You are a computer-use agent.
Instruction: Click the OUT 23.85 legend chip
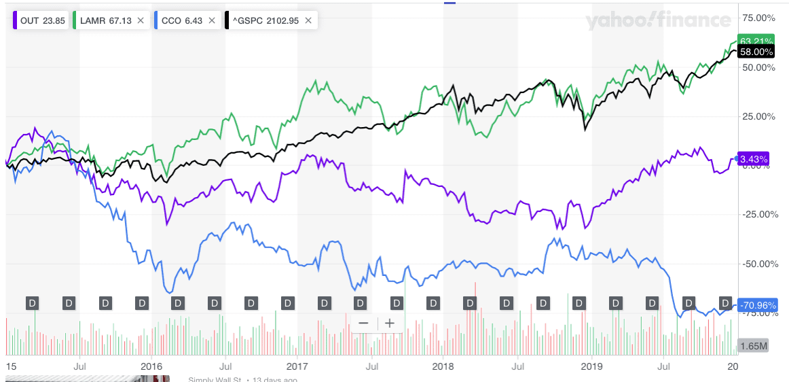point(40,20)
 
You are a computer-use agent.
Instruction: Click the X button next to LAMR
point(141,20)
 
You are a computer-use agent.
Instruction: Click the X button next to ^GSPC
point(308,20)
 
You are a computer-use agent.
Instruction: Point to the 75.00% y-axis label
point(760,18)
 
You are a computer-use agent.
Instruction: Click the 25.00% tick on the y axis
point(760,116)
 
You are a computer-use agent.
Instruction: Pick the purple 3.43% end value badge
point(753,159)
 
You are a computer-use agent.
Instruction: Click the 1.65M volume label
point(754,346)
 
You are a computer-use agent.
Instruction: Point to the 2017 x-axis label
point(297,365)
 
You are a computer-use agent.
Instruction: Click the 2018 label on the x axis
point(443,365)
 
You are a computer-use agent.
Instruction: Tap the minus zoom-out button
point(364,324)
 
